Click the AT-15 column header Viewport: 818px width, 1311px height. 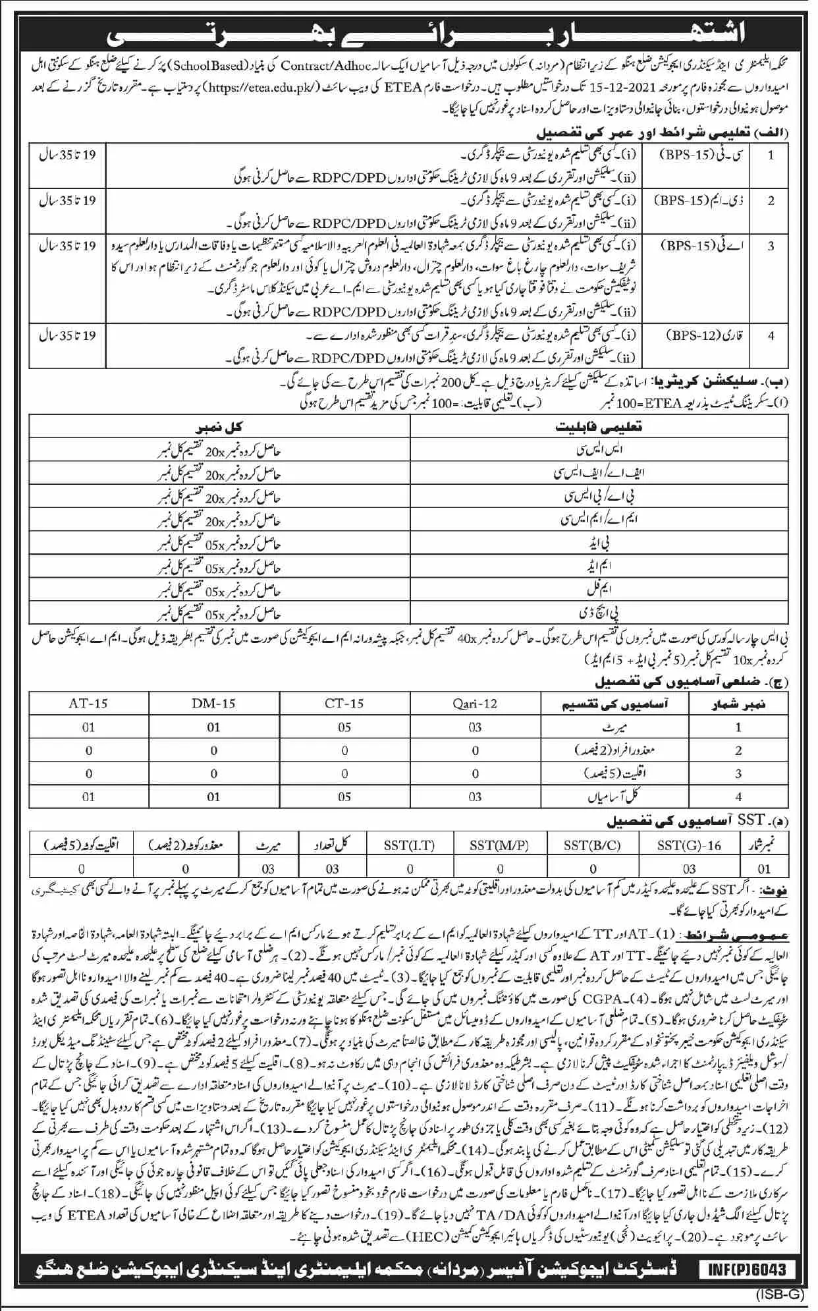pyautogui.click(x=88, y=703)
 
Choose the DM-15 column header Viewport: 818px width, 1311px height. pyautogui.click(x=213, y=703)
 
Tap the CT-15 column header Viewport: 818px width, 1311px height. pyautogui.click(x=344, y=703)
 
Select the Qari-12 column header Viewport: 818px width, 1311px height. pyautogui.click(x=475, y=703)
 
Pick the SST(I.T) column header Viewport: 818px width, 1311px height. pyautogui.click(x=410, y=845)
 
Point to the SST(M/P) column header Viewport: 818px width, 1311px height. pyautogui.click(x=500, y=845)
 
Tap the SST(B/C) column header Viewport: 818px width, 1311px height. pyautogui.click(x=593, y=845)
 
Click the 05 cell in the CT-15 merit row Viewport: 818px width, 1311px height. pyautogui.click(x=344, y=727)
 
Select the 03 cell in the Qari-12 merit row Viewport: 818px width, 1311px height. pyautogui.click(x=475, y=727)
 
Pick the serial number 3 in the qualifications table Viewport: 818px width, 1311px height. pyautogui.click(x=771, y=246)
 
